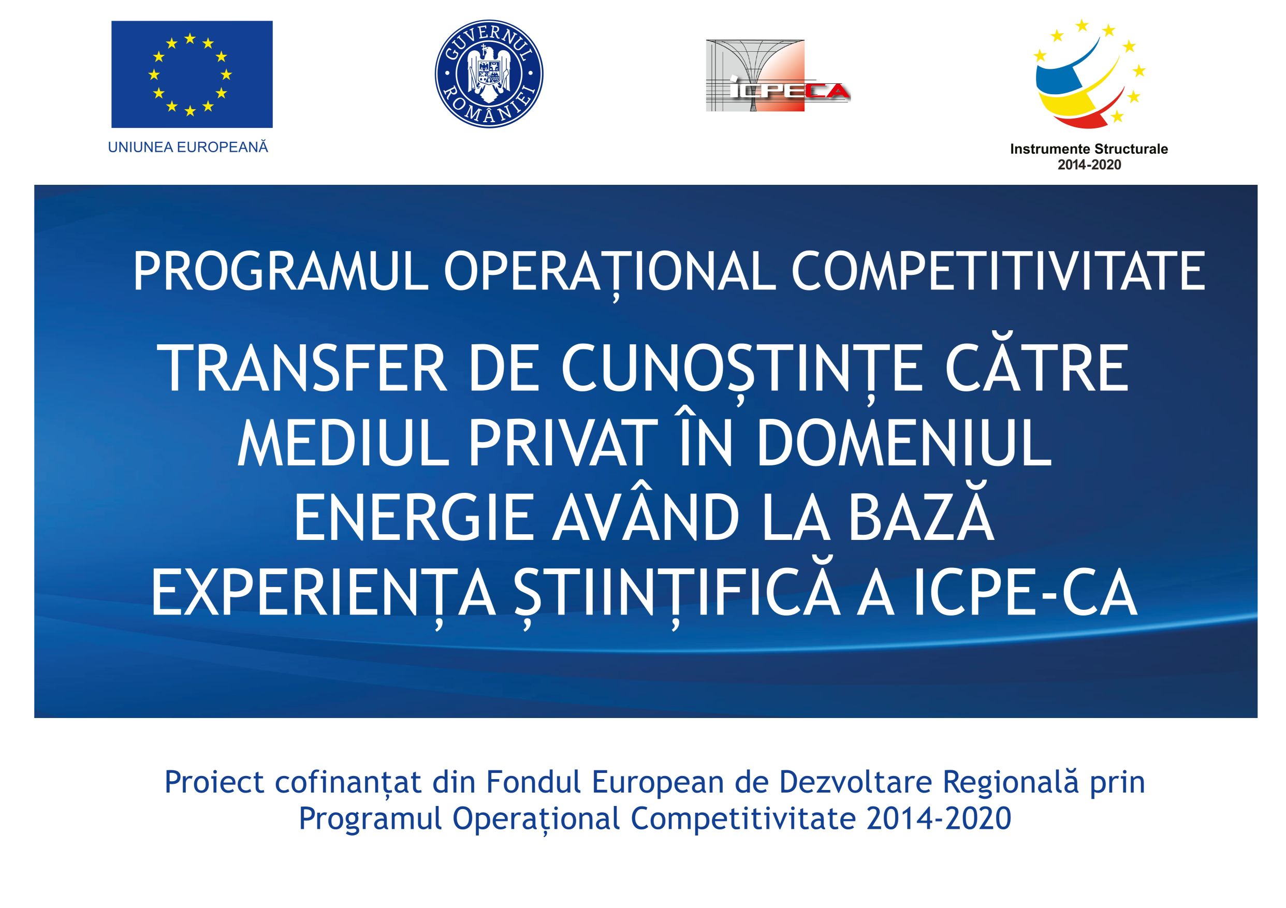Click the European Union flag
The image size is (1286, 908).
[192, 75]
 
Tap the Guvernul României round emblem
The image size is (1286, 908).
[489, 74]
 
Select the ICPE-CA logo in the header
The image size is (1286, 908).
[778, 76]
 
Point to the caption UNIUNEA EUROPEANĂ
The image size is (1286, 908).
[188, 148]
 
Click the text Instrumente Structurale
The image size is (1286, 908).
[1089, 149]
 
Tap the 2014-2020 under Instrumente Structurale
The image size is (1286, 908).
[1089, 165]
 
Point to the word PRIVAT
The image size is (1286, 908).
[563, 443]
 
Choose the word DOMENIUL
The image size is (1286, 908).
[904, 443]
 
